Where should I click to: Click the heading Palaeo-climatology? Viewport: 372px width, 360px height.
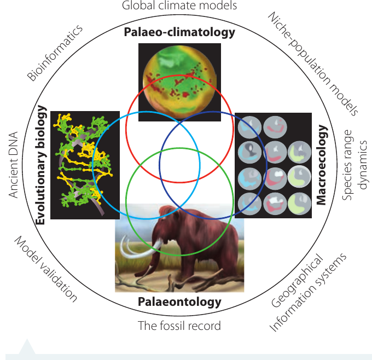pyautogui.click(x=179, y=32)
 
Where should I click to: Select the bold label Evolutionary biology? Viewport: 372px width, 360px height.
pyautogui.click(x=40, y=165)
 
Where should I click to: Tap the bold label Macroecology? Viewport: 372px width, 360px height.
pyautogui.click(x=322, y=165)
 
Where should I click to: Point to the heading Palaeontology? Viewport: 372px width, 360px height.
pyautogui.click(x=179, y=302)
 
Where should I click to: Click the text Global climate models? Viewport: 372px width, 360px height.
pyautogui.click(x=179, y=5)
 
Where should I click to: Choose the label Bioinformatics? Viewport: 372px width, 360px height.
pyautogui.click(x=55, y=53)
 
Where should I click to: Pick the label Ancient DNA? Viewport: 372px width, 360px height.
pyautogui.click(x=13, y=165)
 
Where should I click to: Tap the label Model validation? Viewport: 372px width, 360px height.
pyautogui.click(x=46, y=269)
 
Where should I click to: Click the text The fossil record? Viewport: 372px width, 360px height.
pyautogui.click(x=179, y=326)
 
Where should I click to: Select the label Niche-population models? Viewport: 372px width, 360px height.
pyautogui.click(x=313, y=63)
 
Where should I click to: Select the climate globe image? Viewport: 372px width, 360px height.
pyautogui.click(x=179, y=82)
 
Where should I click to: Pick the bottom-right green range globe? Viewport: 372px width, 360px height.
pyautogui.click(x=299, y=204)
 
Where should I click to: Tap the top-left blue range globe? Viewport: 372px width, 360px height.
pyautogui.click(x=249, y=127)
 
